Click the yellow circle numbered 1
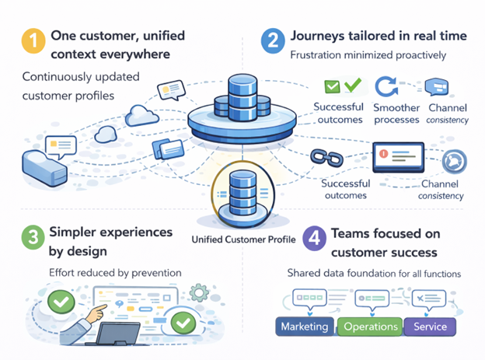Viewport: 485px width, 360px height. (x=33, y=40)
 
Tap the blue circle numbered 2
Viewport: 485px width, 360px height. (x=273, y=40)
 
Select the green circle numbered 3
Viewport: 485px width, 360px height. (x=33, y=237)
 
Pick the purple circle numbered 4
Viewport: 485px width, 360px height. (x=314, y=238)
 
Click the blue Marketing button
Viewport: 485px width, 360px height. (x=305, y=327)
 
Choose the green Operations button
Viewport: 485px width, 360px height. (x=370, y=327)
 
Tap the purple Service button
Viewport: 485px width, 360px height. (x=430, y=327)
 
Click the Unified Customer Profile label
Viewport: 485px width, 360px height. (x=243, y=239)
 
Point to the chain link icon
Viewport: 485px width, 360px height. (x=326, y=158)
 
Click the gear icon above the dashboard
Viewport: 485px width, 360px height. (x=198, y=292)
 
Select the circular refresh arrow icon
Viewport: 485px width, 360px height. (x=386, y=87)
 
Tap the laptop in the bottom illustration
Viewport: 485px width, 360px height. (x=117, y=334)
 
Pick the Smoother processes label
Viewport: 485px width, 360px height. (x=396, y=114)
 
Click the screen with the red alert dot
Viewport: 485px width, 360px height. (x=399, y=157)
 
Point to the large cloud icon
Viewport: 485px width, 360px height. (x=141, y=115)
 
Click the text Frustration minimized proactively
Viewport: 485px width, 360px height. (x=368, y=55)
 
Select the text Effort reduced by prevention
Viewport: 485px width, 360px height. (x=115, y=273)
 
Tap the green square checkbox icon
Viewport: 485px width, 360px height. (x=332, y=86)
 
